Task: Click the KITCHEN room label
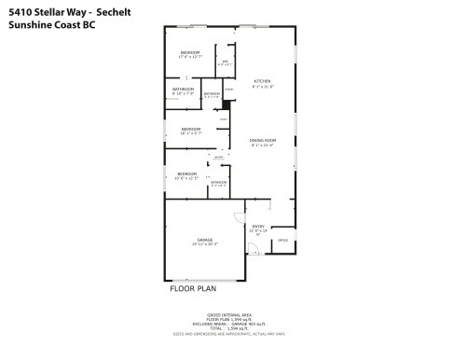(262, 81)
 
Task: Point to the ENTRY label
(257, 226)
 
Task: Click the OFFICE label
(282, 241)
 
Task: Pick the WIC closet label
(225, 61)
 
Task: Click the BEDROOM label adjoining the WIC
(189, 51)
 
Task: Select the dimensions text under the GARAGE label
(205, 244)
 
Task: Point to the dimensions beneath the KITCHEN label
(262, 87)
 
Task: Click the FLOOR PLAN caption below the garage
(194, 288)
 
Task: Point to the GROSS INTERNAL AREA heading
(233, 315)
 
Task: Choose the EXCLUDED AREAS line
(233, 326)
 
